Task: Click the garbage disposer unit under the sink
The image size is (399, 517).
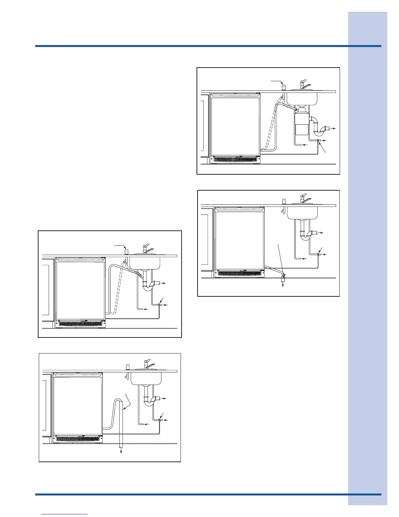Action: pyautogui.click(x=300, y=124)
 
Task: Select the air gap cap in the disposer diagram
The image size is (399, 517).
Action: pyautogui.click(x=284, y=87)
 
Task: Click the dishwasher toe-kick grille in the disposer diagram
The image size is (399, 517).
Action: pyautogui.click(x=236, y=160)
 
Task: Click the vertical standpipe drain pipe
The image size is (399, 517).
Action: pyautogui.click(x=121, y=424)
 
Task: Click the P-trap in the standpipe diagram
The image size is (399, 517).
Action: pyautogui.click(x=150, y=400)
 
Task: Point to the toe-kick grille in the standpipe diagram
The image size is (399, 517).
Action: pyautogui.click(x=78, y=439)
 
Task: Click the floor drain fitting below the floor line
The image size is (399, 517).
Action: pyautogui.click(x=283, y=278)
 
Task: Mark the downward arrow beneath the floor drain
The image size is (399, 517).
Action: pyautogui.click(x=283, y=285)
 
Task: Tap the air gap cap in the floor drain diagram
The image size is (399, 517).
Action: pyautogui.click(x=284, y=201)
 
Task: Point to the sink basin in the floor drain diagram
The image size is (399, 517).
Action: pyautogui.click(x=302, y=212)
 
